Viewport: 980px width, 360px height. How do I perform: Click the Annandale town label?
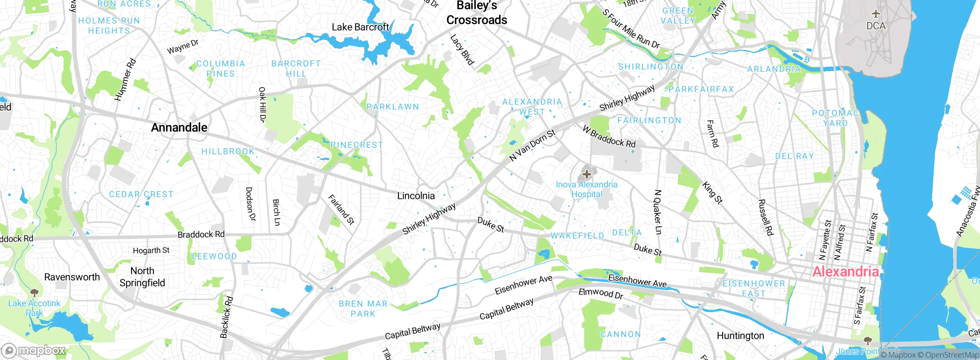(179, 128)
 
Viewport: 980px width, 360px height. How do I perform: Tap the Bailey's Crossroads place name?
(477, 13)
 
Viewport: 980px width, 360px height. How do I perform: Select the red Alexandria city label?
(845, 272)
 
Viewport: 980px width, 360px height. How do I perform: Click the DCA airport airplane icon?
(876, 15)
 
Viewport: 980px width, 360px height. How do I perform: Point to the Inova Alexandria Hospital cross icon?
(586, 175)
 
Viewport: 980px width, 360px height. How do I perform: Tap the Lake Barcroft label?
(360, 27)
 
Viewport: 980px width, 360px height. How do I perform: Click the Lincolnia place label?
(416, 196)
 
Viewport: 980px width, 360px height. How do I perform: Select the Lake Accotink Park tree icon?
(34, 293)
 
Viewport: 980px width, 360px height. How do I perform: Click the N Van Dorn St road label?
(532, 145)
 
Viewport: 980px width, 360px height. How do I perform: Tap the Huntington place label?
(740, 336)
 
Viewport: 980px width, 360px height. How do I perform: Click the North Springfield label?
(142, 277)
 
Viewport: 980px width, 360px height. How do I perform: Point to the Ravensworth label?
(72, 277)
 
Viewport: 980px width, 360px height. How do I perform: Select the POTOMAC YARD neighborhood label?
(835, 118)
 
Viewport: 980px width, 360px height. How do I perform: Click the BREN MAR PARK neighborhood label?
(363, 309)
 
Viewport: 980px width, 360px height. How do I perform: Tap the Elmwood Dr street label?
(601, 293)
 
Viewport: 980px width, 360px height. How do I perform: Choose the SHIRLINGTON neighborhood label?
(651, 67)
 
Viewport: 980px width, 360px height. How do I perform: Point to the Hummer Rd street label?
(125, 80)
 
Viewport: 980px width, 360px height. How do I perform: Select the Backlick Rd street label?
(226, 317)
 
